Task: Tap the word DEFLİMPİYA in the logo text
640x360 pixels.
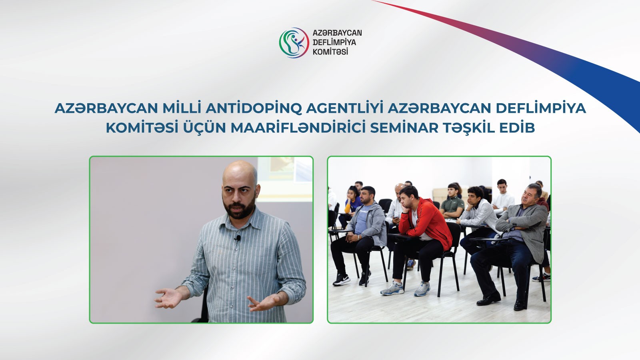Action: click(334, 42)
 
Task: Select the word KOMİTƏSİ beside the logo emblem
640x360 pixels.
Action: click(330, 52)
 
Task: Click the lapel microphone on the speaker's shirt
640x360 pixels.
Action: click(238, 238)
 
